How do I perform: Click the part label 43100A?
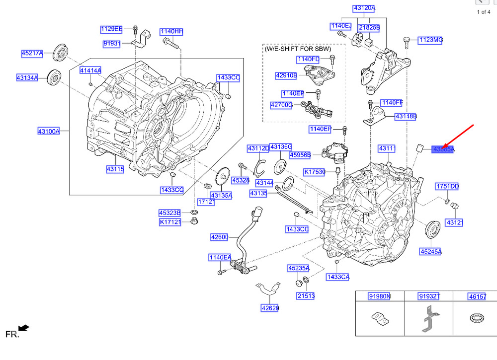coord(48,131)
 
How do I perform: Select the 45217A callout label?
coord(32,53)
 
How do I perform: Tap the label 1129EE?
coord(111,28)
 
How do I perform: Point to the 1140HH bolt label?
coord(171,32)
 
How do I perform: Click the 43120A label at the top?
coord(364,8)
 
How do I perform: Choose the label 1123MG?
coord(430,40)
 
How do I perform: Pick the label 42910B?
coord(286,75)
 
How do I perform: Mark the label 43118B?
coord(406,116)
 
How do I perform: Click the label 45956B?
coord(300,155)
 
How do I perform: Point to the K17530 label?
coord(315,172)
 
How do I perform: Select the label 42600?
coord(219,237)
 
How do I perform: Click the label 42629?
coord(270,308)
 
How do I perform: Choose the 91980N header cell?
coord(379,296)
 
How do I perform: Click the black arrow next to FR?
coord(24,328)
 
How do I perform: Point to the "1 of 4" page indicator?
coord(484,12)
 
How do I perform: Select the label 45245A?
coord(430,252)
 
